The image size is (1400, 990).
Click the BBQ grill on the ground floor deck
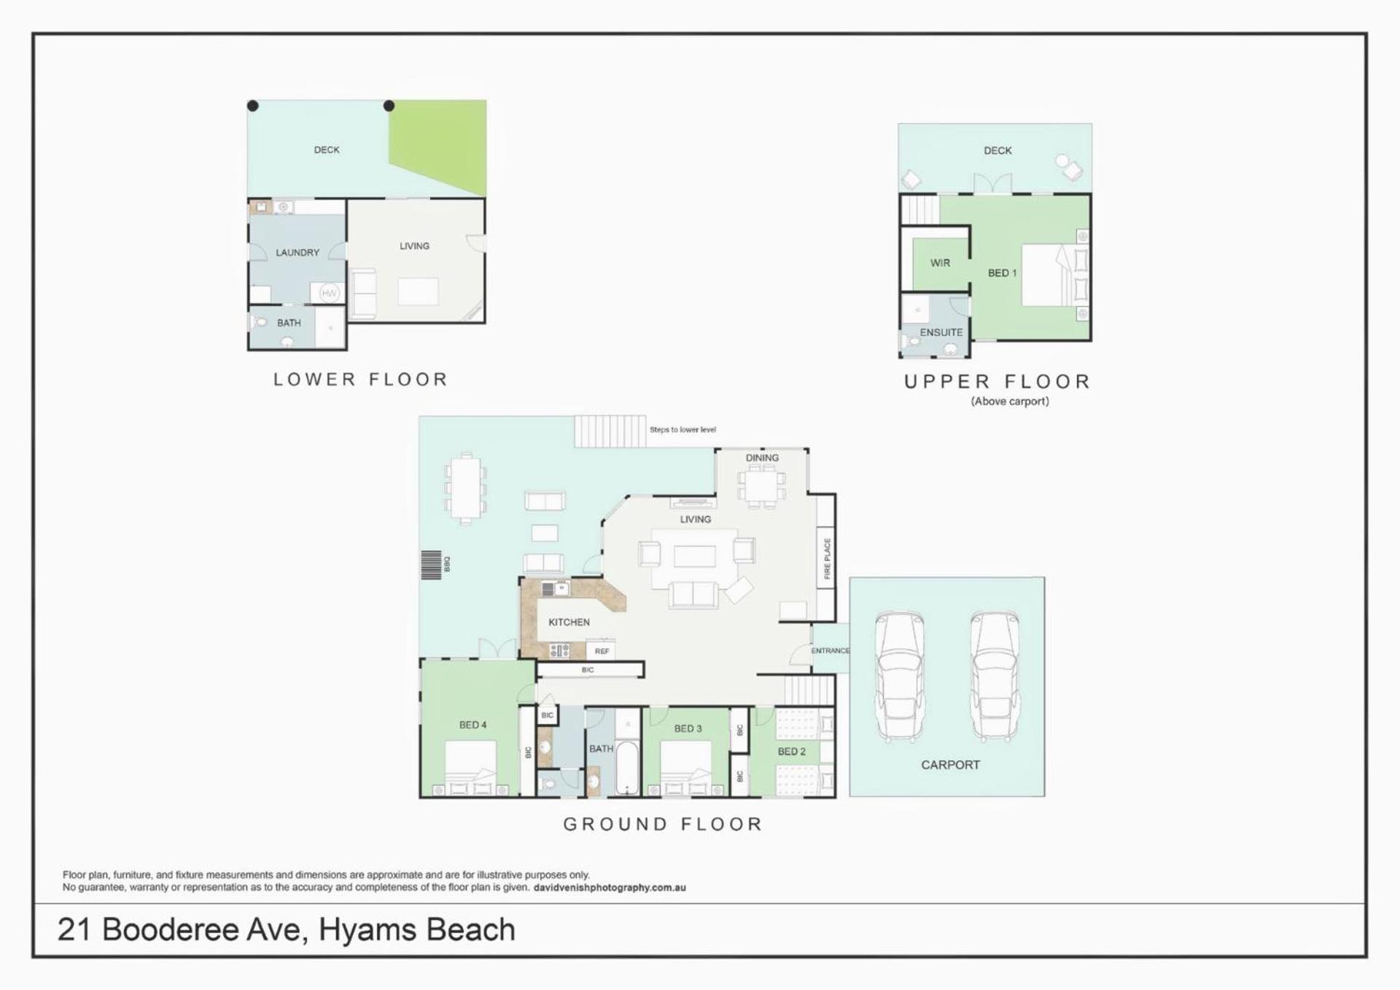pos(431,565)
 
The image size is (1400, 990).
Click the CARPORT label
pos(950,765)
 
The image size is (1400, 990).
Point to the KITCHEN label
pos(569,622)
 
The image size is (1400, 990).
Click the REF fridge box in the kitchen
pos(602,650)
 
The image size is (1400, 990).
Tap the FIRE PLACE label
pos(827,559)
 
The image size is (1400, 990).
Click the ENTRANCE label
pos(831,650)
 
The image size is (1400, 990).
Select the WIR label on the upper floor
pos(940,263)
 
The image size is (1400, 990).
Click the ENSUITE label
pos(941,332)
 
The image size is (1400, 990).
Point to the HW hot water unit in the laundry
pos(330,293)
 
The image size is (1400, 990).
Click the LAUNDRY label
pos(297,252)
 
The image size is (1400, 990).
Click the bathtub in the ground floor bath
pos(627,767)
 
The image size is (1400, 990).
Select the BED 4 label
pos(472,725)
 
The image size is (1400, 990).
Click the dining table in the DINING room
pos(761,486)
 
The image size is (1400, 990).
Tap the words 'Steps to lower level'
pos(682,429)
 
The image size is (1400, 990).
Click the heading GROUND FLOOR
pos(663,824)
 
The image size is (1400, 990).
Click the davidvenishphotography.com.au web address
pos(610,888)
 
